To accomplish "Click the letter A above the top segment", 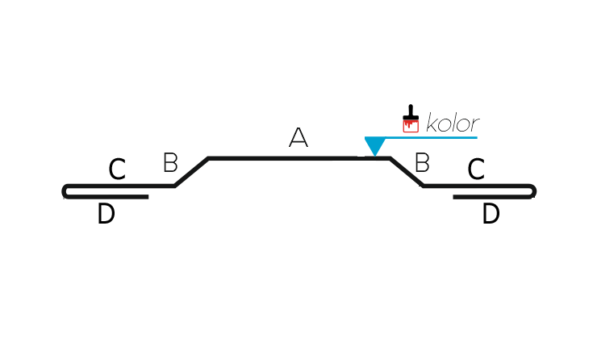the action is (299, 137).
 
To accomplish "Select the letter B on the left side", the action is (170, 162).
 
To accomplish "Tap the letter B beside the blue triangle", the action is (422, 162).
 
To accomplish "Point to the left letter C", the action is (117, 170).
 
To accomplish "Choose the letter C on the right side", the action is (476, 170).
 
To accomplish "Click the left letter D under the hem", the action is (106, 214).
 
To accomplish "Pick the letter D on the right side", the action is (491, 214).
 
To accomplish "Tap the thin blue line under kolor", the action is (431, 137).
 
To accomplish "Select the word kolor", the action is (453, 123).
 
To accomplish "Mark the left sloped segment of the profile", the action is (191, 172).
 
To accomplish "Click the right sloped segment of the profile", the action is (407, 172).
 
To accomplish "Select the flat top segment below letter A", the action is (299, 158).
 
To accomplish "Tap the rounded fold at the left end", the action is (65, 191).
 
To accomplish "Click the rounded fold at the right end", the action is (533, 191).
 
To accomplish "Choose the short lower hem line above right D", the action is (492, 197).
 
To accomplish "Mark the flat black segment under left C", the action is (120, 186).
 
